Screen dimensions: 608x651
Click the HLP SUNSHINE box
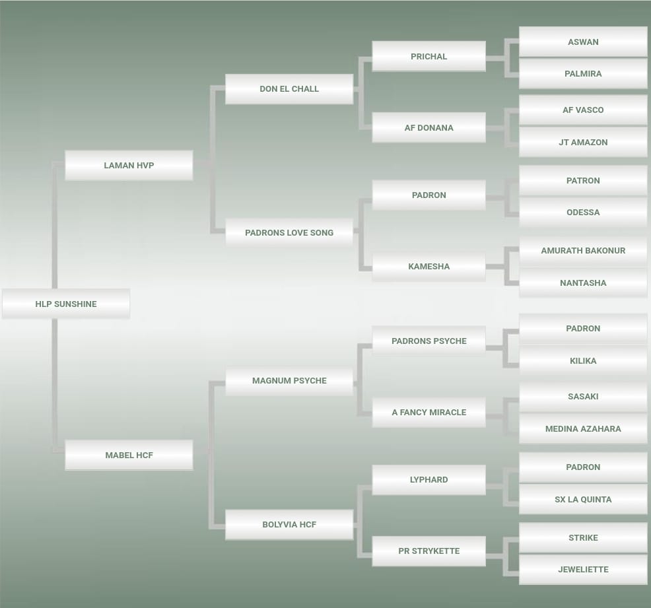coord(66,304)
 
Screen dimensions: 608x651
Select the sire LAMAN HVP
coord(129,165)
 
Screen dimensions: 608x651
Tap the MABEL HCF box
coord(129,455)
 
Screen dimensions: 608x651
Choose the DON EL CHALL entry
coord(289,88)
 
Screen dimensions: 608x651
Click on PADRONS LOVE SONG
coord(289,232)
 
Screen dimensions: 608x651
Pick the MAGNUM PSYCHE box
coord(289,380)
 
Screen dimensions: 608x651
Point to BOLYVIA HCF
coord(289,524)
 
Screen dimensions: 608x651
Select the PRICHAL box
coord(428,56)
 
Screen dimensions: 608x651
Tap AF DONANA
coord(428,127)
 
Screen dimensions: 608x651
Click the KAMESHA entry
coord(428,266)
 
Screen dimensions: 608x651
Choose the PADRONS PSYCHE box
coord(428,341)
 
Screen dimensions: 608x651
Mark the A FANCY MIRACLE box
coord(428,412)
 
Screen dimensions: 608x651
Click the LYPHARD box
coord(428,479)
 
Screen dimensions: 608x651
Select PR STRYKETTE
coord(428,551)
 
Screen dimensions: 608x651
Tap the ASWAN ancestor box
coord(583,42)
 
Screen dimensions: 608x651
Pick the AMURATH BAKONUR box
coord(583,250)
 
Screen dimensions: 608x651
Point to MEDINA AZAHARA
coord(583,428)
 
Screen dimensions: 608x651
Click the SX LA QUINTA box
coord(583,499)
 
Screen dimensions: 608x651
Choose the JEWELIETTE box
coord(583,569)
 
